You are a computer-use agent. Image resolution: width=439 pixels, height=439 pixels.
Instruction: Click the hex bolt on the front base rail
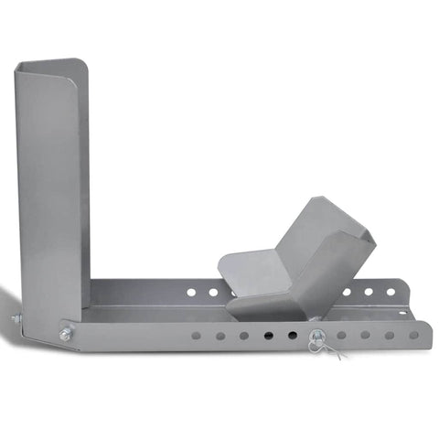pyautogui.click(x=66, y=335)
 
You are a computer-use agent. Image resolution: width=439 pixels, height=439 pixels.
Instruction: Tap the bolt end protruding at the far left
pyautogui.click(x=16, y=318)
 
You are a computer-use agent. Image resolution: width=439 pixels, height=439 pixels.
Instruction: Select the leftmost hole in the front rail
pyautogui.click(x=197, y=336)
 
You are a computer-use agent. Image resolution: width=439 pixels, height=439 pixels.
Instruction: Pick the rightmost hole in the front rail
pyautogui.click(x=413, y=335)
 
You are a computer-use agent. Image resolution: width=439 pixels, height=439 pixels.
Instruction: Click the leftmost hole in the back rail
pyautogui.click(x=191, y=293)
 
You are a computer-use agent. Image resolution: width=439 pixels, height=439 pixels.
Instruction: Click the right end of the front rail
pyautogui.click(x=429, y=335)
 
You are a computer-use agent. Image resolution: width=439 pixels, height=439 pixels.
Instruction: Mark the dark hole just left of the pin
pyautogui.click(x=292, y=336)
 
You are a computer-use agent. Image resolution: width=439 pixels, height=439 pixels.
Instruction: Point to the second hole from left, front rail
pyautogui.click(x=220, y=336)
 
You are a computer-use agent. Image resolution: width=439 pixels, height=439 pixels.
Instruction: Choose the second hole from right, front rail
pyautogui.click(x=390, y=335)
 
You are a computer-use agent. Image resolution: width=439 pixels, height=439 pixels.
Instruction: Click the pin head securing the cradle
pyautogui.click(x=316, y=335)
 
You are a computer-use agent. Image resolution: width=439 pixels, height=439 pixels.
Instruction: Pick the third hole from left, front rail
pyautogui.click(x=244, y=336)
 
